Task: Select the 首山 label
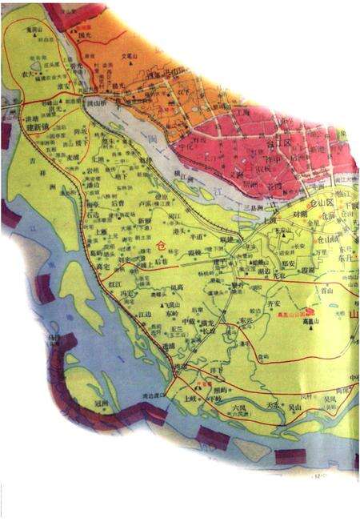coord(324,294)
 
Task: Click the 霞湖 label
coord(307,271)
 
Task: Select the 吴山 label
coord(297,408)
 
